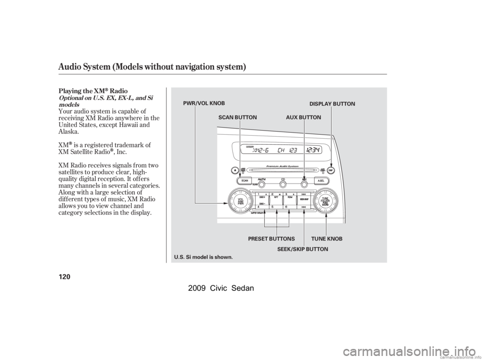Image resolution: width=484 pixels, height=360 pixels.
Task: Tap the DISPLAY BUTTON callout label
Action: (332, 104)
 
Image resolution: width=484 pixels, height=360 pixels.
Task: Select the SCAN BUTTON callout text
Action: (237, 117)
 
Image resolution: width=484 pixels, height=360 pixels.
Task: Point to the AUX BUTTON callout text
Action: (304, 117)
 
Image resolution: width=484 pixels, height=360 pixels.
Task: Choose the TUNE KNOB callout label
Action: (326, 238)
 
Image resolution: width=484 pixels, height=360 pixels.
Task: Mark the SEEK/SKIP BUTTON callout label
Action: (302, 249)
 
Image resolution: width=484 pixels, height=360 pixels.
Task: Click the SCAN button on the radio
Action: (245, 180)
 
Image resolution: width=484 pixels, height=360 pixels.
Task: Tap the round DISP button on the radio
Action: (332, 171)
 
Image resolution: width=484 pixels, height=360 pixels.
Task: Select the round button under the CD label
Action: (283, 184)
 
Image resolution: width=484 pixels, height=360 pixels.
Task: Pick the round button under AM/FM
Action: (262, 184)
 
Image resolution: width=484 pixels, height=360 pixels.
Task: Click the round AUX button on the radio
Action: (304, 184)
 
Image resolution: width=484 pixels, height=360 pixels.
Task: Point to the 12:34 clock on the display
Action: (315, 151)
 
